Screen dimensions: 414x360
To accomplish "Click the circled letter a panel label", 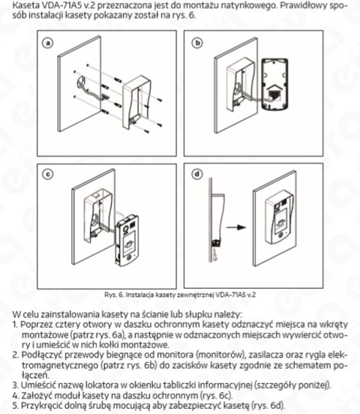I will pyautogui.click(x=49, y=43).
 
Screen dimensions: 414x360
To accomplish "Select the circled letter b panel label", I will pyautogui.click(x=199, y=43).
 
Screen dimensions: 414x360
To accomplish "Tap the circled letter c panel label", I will pyautogui.click(x=49, y=175).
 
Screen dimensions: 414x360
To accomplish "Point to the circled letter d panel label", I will pyautogui.click(x=199, y=175).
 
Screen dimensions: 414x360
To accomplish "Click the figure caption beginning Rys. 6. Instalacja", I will pyautogui.click(x=179, y=296).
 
